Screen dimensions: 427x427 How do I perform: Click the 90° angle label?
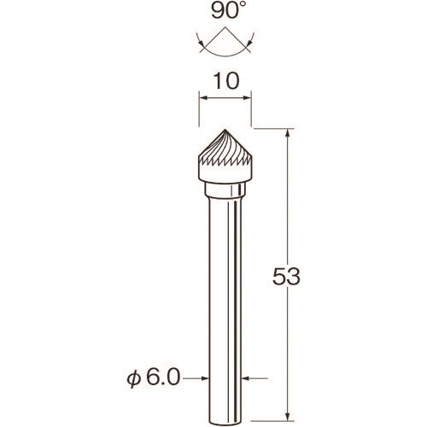click(225, 12)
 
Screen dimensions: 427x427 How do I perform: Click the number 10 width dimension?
click(226, 81)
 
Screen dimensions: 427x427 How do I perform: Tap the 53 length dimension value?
click(286, 277)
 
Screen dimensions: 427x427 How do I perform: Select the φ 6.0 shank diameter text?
click(154, 378)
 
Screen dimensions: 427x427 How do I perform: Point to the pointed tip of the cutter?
click(225, 130)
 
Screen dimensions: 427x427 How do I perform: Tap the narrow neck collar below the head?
click(225, 190)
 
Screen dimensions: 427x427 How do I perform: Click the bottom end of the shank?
click(225, 424)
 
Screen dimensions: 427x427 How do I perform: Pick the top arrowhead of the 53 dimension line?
click(288, 133)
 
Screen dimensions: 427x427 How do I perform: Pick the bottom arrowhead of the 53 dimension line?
click(288, 416)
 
